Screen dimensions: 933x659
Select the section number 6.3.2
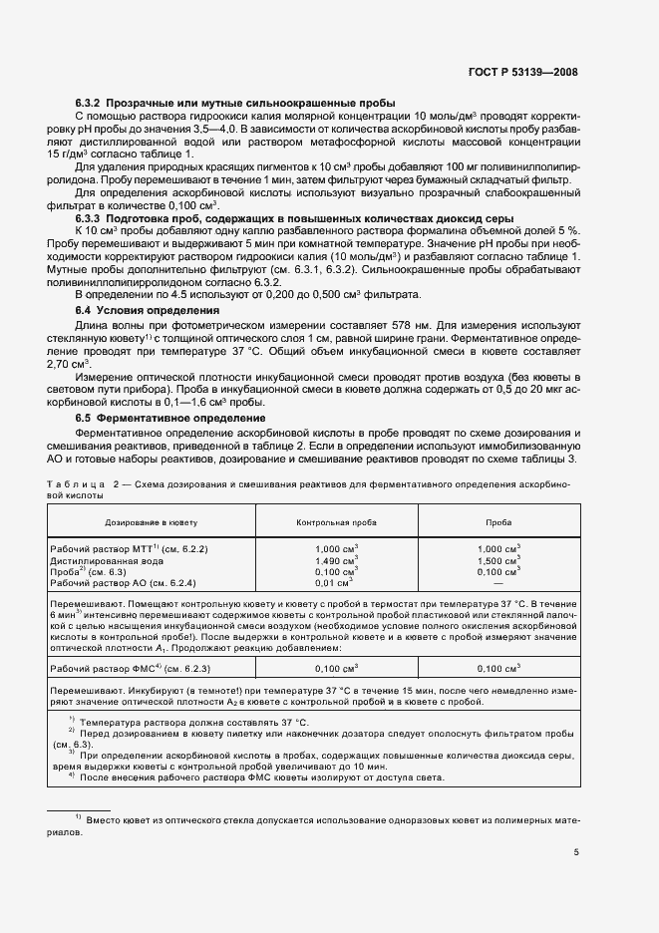click(92, 103)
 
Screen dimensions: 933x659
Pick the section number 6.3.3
click(92, 216)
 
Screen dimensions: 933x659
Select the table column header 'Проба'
click(498, 521)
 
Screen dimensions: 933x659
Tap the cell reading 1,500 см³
click(498, 561)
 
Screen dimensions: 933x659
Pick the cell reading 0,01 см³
click(333, 583)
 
